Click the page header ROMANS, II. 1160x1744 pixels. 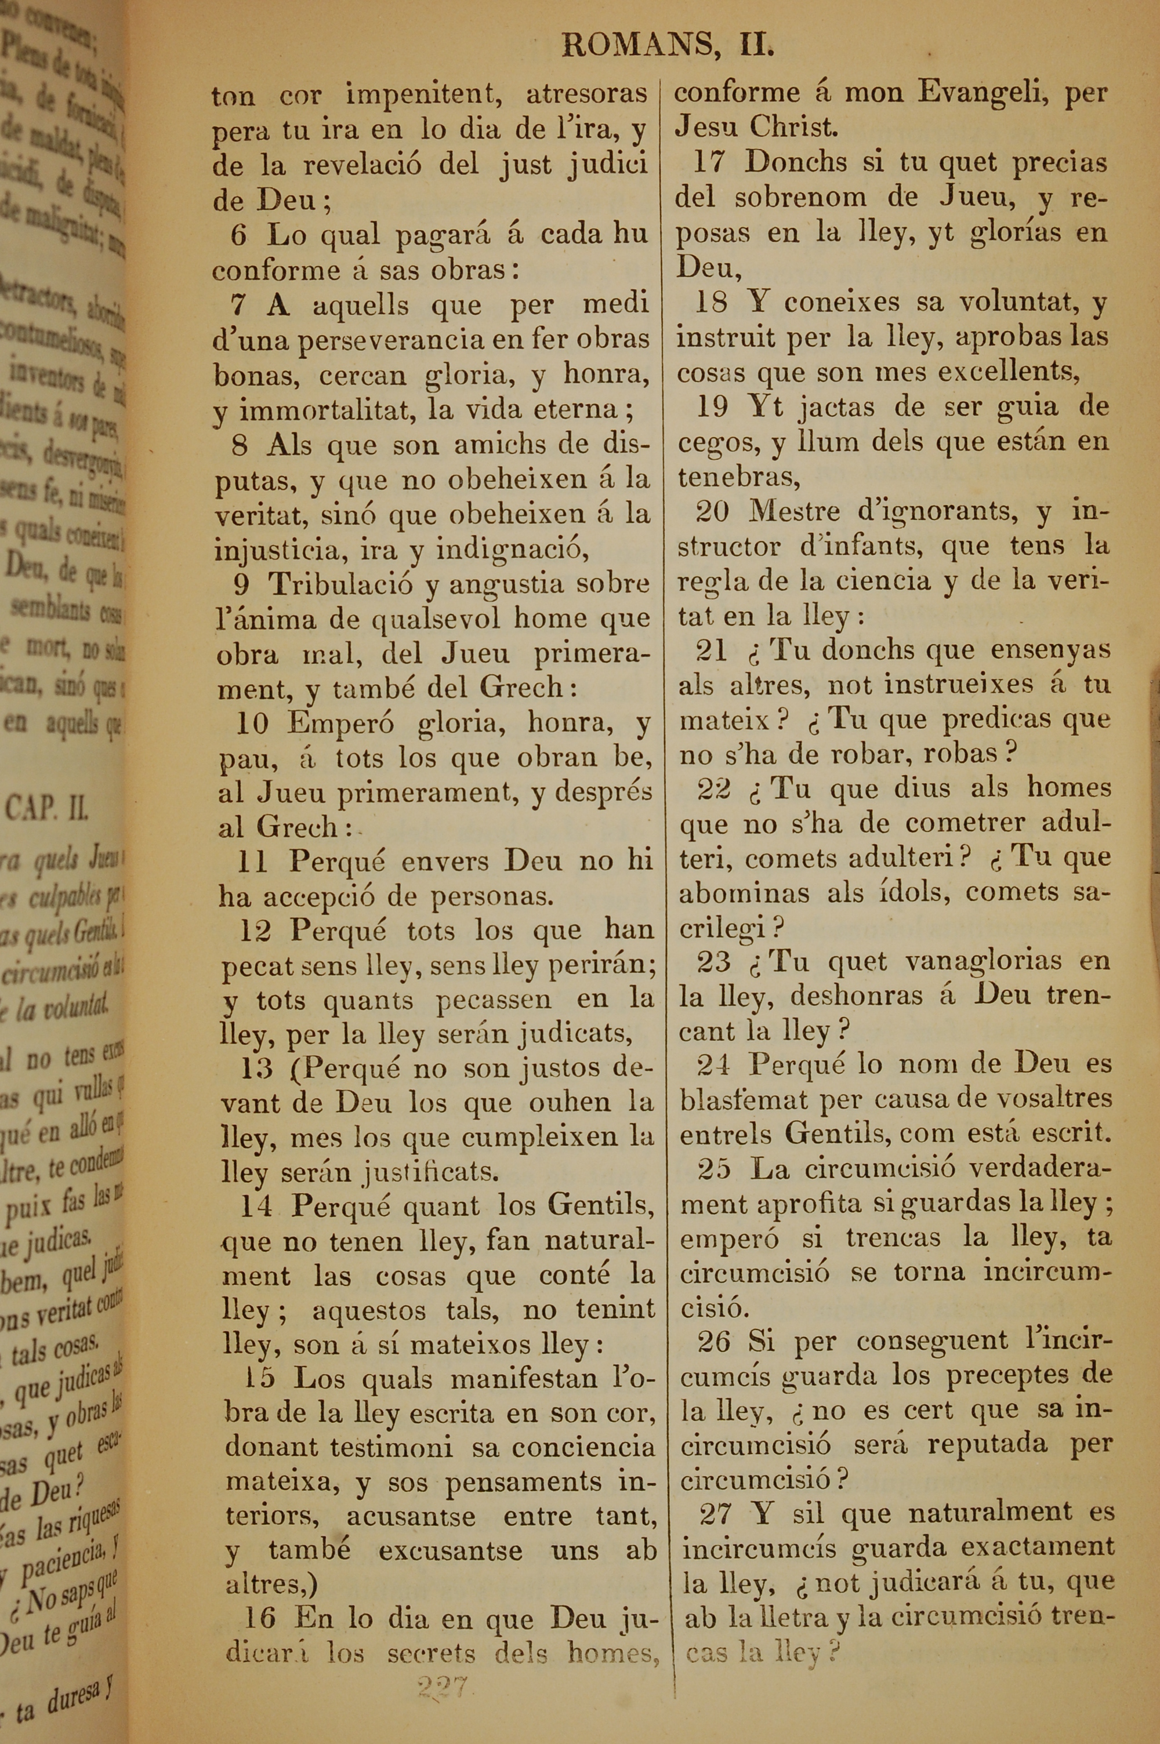[x=668, y=46]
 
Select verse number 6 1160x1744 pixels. [x=238, y=235]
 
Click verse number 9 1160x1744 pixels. [x=241, y=584]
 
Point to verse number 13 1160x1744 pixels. [x=256, y=1069]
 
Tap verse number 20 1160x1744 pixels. [x=712, y=511]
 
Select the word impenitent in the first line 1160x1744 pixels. [x=422, y=95]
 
